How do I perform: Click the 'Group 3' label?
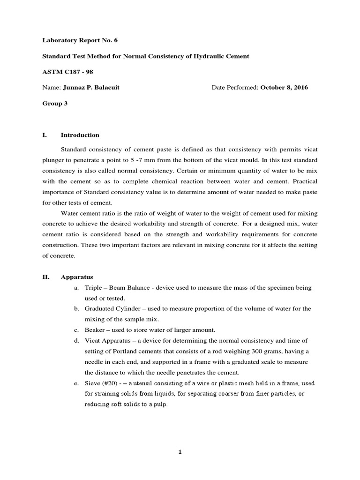click(x=55, y=104)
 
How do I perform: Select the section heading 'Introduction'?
click(x=80, y=135)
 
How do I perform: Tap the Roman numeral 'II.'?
click(x=46, y=277)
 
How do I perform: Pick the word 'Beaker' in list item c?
click(x=95, y=330)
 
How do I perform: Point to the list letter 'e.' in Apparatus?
click(x=76, y=383)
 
